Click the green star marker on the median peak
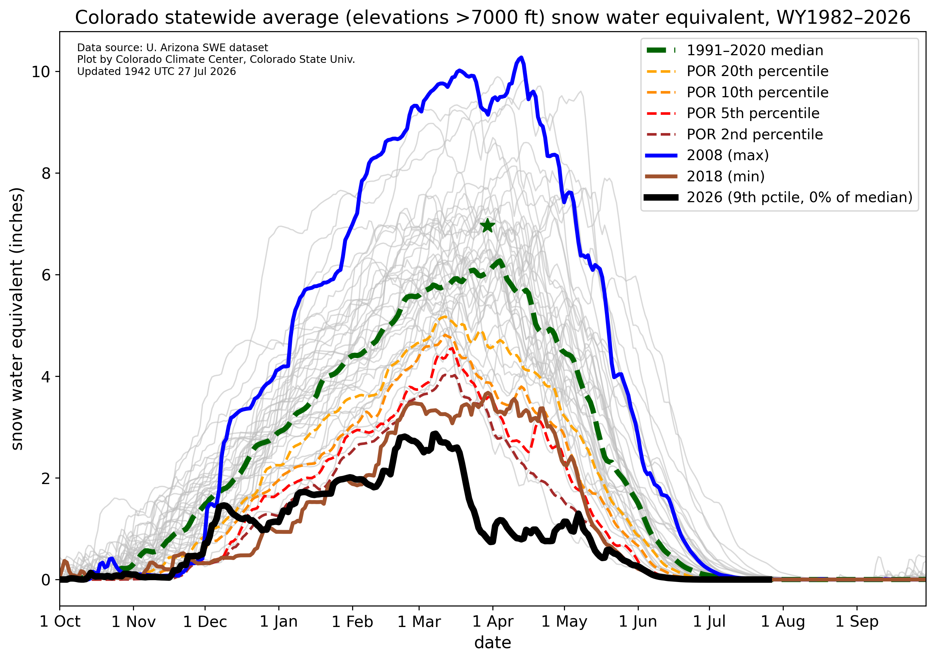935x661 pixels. pyautogui.click(x=488, y=225)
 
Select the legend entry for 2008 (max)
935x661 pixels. pyautogui.click(x=707, y=155)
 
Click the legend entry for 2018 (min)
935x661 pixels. pyautogui.click(x=705, y=177)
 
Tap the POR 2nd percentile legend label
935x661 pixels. pyautogui.click(x=755, y=135)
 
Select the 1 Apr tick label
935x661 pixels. pyautogui.click(x=493, y=622)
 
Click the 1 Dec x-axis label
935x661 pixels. pyautogui.click(x=205, y=622)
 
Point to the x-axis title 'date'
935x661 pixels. pyautogui.click(x=493, y=643)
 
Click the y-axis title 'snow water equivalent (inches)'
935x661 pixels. pyautogui.click(x=17, y=319)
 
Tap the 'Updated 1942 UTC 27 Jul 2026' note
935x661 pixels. pyautogui.click(x=156, y=71)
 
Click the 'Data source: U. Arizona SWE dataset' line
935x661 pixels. pyautogui.click(x=173, y=48)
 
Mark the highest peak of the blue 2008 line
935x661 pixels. pyautogui.click(x=521, y=58)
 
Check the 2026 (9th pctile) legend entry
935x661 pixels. pyautogui.click(x=779, y=198)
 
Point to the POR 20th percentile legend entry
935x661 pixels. pyautogui.click(x=737, y=71)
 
